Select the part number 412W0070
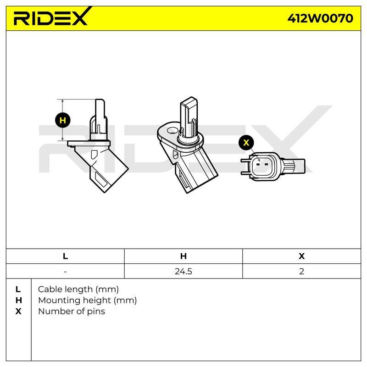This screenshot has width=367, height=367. point(320,18)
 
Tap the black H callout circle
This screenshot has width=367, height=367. point(63,120)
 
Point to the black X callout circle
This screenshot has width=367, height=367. point(246,142)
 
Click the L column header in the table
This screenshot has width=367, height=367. point(65,256)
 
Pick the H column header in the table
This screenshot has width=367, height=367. point(183,256)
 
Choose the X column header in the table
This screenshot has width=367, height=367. point(302,256)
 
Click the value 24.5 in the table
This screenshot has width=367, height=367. point(183,271)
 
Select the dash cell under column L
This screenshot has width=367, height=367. point(65,272)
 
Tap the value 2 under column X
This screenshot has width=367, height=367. point(302,271)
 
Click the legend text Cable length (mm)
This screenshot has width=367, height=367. point(78,289)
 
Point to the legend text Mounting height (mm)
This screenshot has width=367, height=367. point(88,300)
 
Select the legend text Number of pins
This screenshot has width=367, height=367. point(72,311)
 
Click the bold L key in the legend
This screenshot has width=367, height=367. point(18,289)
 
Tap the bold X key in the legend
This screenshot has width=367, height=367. point(18,311)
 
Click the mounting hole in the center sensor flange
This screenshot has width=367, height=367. point(172,130)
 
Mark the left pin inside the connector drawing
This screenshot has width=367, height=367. point(258,164)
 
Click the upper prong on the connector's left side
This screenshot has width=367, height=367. point(246,160)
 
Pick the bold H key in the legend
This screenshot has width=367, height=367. point(18,300)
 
